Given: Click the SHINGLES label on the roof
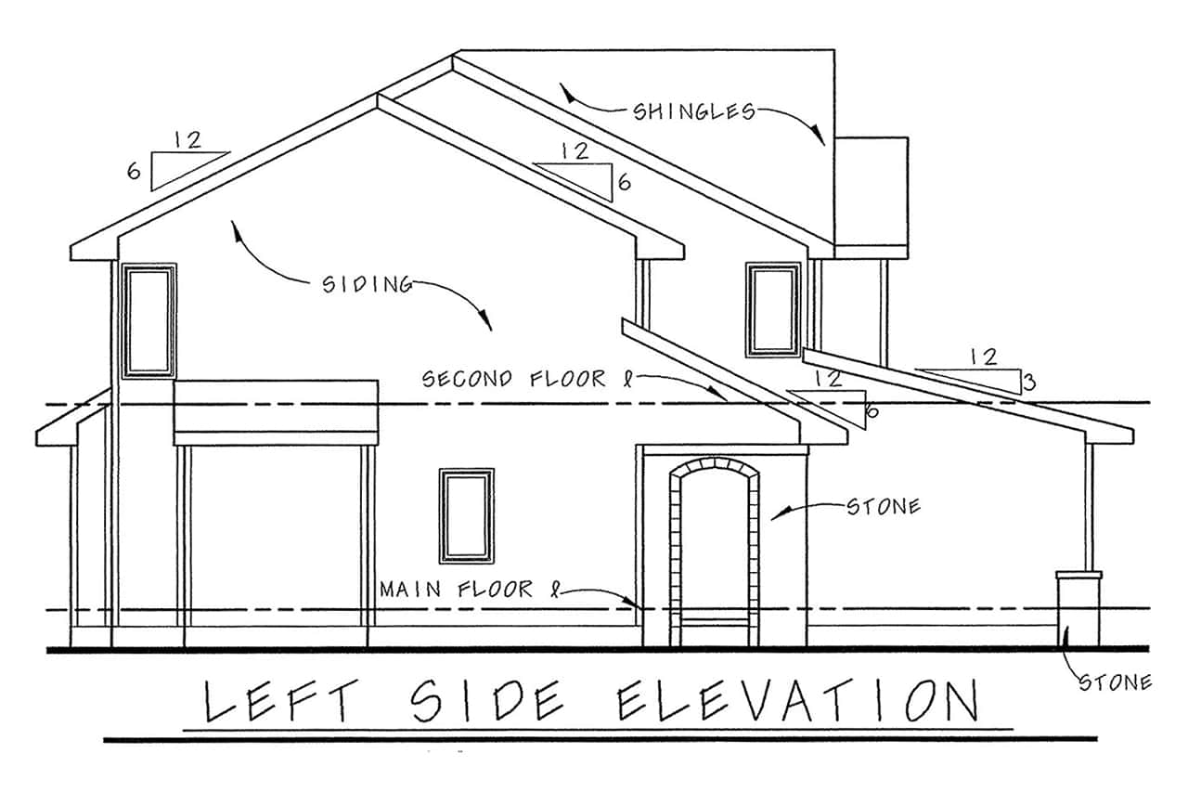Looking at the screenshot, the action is point(693,112).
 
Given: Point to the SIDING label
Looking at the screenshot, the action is point(368,284).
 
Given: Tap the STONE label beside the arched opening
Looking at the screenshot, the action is point(884,507).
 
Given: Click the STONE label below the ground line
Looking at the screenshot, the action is point(1114,683).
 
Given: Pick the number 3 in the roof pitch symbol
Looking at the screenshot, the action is point(1028,381).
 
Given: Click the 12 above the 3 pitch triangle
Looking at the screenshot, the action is point(984,356).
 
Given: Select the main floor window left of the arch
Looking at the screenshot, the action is point(467,515).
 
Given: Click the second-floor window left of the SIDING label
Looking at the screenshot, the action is point(149,320).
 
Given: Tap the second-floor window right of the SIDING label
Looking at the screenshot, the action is point(773,310).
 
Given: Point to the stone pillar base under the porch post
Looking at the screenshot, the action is point(1078,609).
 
